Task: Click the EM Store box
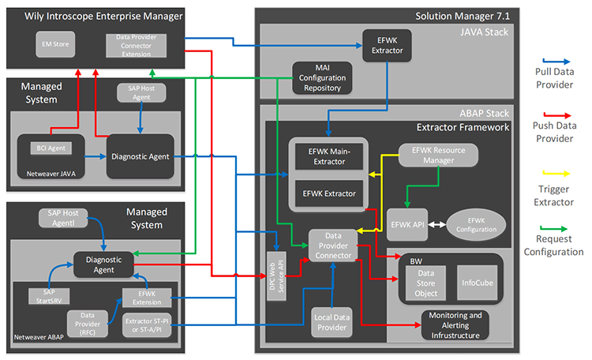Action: click(55, 44)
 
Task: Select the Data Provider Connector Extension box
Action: click(136, 44)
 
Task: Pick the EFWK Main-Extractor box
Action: click(327, 156)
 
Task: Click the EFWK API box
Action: click(406, 224)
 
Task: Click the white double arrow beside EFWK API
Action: click(437, 224)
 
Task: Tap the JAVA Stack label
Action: click(483, 32)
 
